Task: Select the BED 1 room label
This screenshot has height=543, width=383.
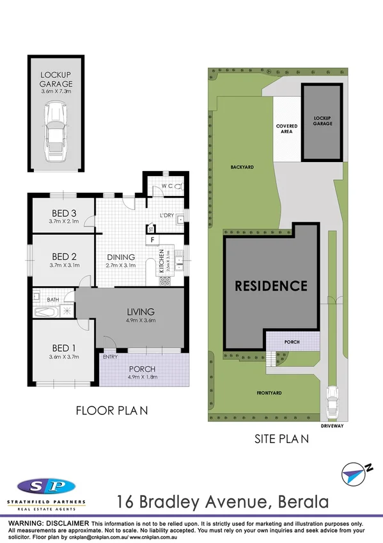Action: tap(63, 348)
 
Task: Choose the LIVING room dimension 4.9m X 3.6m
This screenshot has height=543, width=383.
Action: tap(141, 320)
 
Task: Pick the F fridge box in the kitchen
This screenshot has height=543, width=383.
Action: tap(152, 240)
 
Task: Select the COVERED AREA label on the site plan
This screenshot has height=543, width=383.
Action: tap(286, 129)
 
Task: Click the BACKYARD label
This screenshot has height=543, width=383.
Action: tap(242, 166)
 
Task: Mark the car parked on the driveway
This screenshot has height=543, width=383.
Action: tap(331, 401)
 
